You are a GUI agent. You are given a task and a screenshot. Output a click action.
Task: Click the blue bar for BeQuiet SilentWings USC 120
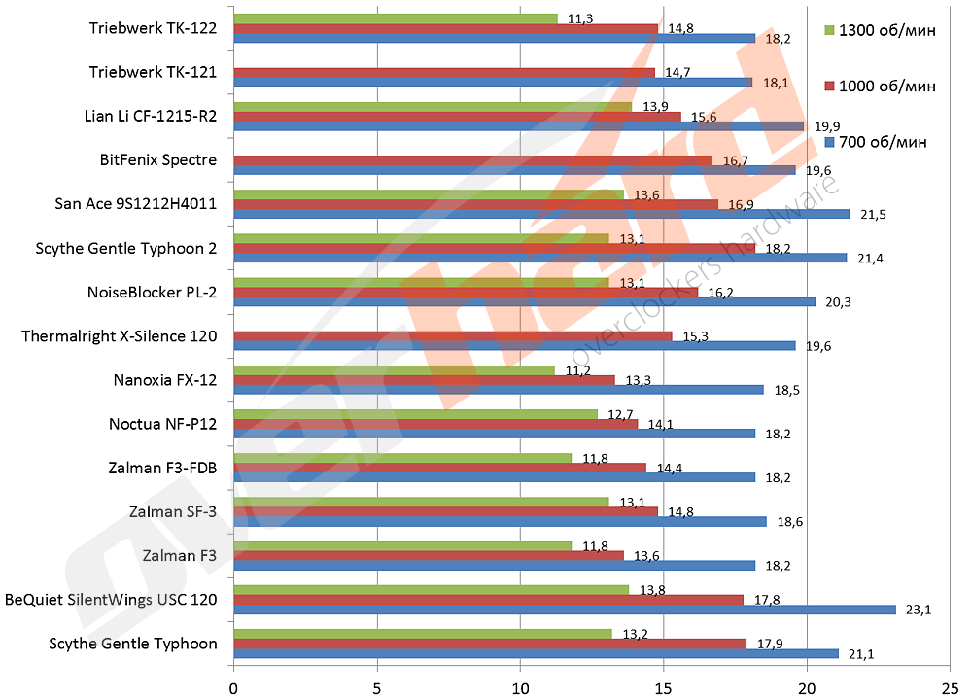click(x=564, y=610)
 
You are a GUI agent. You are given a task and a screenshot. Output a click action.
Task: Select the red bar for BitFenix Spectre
click(x=472, y=159)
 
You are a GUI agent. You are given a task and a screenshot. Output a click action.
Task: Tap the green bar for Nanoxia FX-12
click(x=394, y=369)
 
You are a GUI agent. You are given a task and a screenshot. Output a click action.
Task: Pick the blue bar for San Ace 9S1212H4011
click(x=541, y=214)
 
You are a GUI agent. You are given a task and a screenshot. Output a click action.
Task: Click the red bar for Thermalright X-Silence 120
click(x=452, y=336)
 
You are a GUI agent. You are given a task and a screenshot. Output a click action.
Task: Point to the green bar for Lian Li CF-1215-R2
click(x=433, y=106)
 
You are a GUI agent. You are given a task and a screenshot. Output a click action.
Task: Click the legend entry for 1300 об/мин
click(x=881, y=30)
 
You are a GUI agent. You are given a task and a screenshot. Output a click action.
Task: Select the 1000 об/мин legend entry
click(x=881, y=86)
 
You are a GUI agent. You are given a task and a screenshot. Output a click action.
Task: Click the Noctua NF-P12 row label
click(x=162, y=424)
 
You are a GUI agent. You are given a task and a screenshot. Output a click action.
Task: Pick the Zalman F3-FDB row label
click(x=162, y=468)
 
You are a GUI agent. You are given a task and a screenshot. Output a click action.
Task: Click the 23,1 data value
click(x=919, y=611)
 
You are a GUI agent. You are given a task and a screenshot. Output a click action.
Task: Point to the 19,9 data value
click(x=826, y=126)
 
